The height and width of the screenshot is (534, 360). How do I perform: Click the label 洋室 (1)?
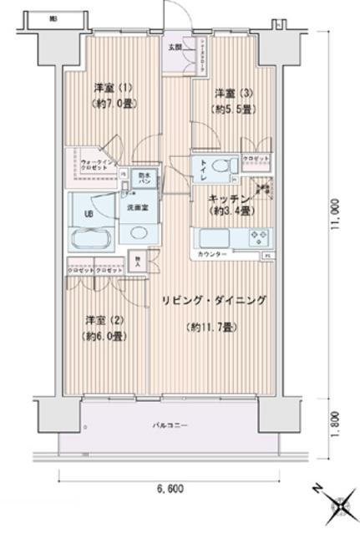click(x=109, y=87)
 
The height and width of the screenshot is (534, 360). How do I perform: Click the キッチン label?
click(x=225, y=199)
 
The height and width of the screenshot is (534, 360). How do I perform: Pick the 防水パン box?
click(x=144, y=178)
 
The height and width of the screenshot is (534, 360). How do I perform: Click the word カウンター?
click(x=211, y=253)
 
